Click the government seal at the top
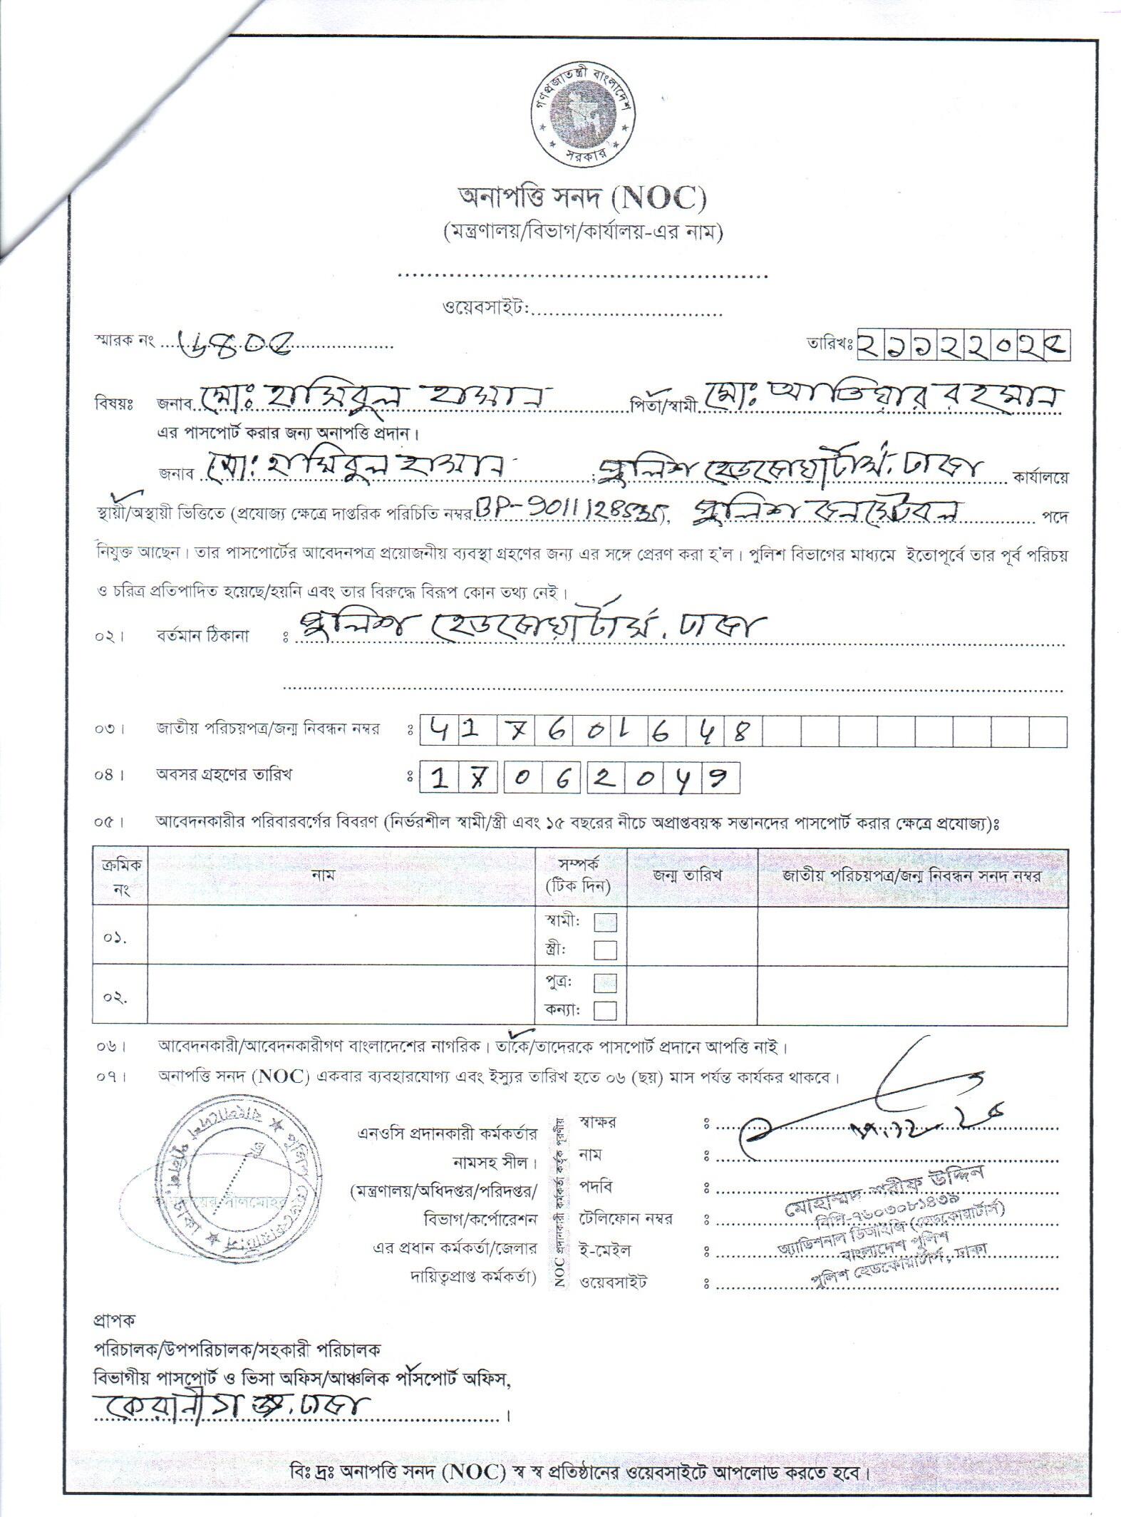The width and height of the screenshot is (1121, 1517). tap(580, 113)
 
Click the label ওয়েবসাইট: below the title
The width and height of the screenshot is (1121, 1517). tap(485, 308)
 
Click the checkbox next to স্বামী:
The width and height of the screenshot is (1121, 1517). tap(605, 922)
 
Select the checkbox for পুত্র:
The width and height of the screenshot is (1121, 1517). tap(605, 982)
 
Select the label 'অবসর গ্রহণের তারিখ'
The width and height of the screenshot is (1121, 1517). tap(224, 775)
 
